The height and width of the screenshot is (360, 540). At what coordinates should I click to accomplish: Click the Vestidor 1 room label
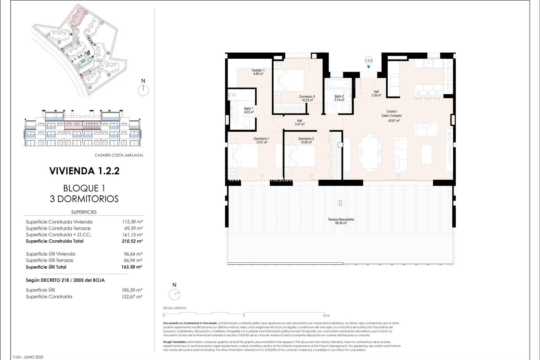click(258, 72)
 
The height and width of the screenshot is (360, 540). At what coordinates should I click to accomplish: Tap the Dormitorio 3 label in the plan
click(307, 98)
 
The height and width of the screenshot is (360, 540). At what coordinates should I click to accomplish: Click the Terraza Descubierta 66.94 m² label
click(341, 221)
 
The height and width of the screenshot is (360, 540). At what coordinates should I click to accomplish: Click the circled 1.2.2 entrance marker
click(368, 60)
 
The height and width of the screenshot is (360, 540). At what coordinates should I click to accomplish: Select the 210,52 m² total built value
click(132, 241)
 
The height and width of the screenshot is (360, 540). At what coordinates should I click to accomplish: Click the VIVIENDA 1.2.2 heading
click(84, 171)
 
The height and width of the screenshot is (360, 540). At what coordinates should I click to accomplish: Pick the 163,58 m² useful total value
click(132, 267)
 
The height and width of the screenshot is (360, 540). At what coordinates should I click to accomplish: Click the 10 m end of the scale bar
click(326, 315)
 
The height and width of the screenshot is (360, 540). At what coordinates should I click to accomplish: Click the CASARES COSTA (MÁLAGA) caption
click(119, 155)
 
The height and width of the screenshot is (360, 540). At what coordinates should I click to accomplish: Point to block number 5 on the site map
click(109, 75)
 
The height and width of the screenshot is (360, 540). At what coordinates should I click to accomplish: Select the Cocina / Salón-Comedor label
click(391, 113)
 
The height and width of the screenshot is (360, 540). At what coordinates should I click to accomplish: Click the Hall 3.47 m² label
click(299, 122)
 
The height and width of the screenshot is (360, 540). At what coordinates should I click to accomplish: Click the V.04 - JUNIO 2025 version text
click(28, 357)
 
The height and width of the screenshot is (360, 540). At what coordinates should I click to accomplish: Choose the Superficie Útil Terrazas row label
click(49, 260)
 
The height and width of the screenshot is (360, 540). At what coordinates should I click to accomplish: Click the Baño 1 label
click(249, 110)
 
